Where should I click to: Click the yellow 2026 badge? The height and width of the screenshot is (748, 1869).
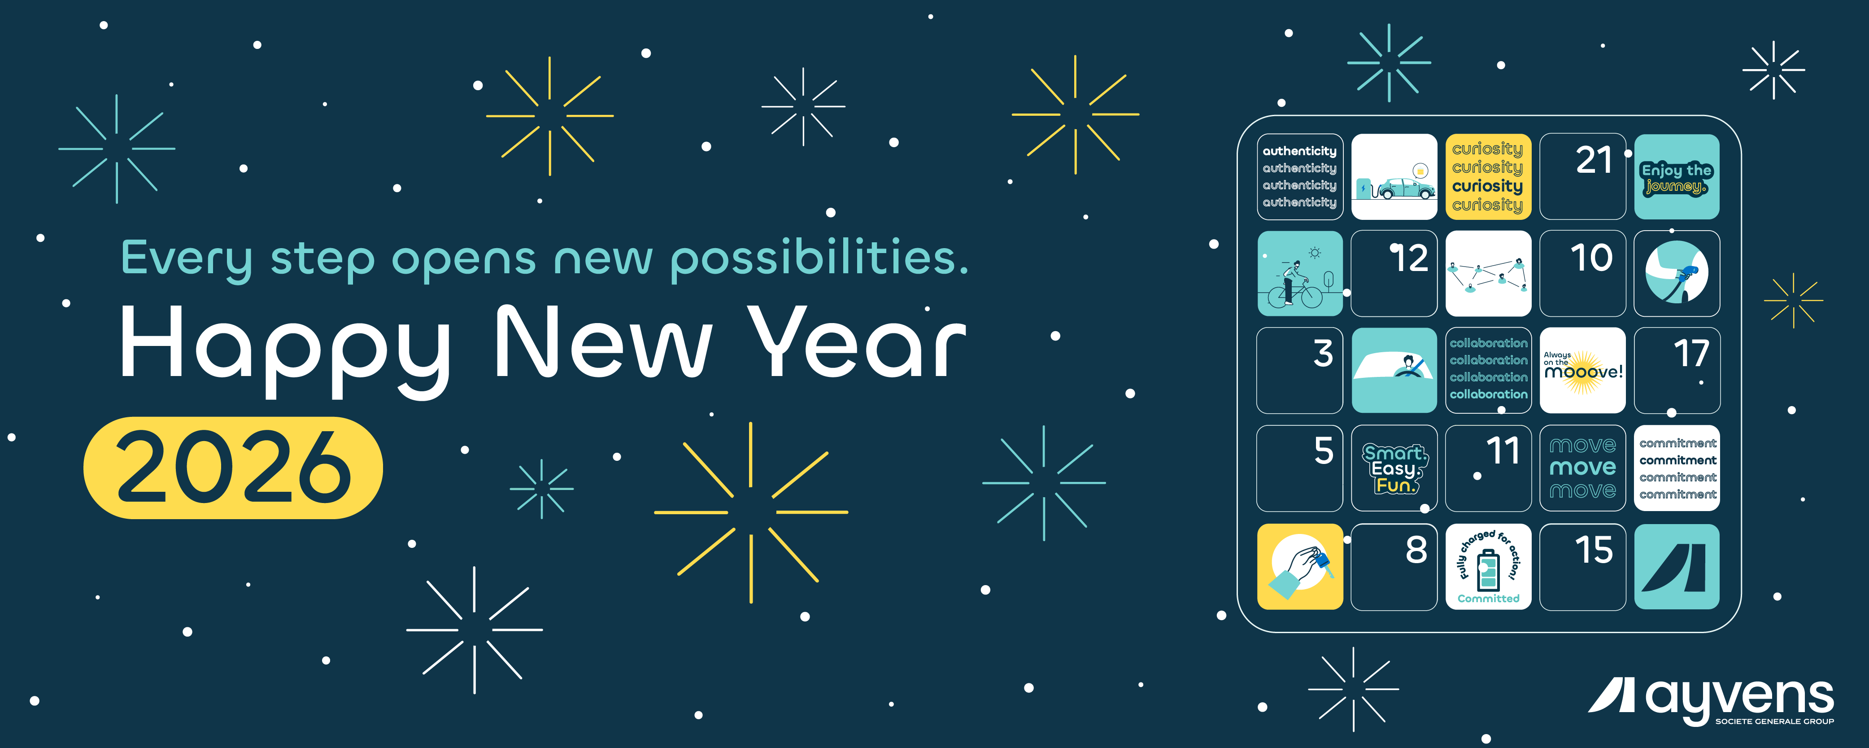pyautogui.click(x=233, y=467)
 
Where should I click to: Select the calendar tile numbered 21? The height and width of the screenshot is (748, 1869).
pyautogui.click(x=1582, y=176)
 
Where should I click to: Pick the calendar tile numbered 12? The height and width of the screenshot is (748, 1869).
pyautogui.click(x=1394, y=274)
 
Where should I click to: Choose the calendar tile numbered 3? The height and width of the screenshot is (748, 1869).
pyautogui.click(x=1299, y=370)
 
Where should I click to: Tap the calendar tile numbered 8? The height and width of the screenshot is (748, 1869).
pyautogui.click(x=1394, y=567)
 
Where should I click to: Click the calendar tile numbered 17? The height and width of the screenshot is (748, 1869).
pyautogui.click(x=1677, y=370)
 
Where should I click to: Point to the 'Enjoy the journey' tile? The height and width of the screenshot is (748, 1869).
pyautogui.click(x=1677, y=176)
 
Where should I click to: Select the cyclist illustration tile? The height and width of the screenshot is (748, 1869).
pyautogui.click(x=1299, y=274)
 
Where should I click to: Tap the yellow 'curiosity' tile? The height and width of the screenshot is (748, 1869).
pyautogui.click(x=1488, y=176)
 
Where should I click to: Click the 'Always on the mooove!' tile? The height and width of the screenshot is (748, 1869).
pyautogui.click(x=1582, y=370)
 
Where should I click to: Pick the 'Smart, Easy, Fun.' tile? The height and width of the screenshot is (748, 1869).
pyautogui.click(x=1394, y=468)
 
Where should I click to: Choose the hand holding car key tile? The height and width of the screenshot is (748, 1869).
pyautogui.click(x=1299, y=567)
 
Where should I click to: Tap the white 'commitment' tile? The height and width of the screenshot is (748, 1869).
pyautogui.click(x=1677, y=468)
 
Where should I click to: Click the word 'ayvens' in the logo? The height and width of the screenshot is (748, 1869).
pyautogui.click(x=1739, y=700)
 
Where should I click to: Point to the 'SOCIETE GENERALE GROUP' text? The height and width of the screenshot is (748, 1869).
pyautogui.click(x=1775, y=721)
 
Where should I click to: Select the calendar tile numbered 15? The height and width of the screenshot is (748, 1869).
pyautogui.click(x=1582, y=567)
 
